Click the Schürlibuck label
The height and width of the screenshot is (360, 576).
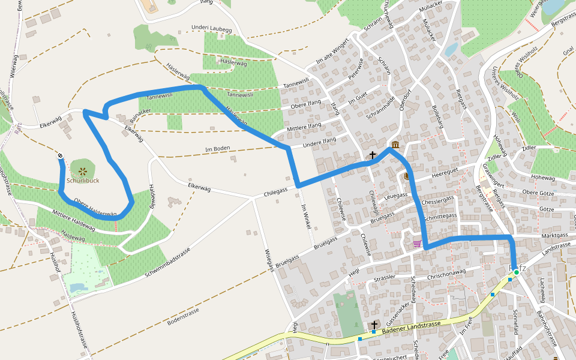[83, 179]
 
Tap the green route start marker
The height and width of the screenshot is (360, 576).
[516, 272]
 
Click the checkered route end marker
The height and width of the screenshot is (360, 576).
[61, 157]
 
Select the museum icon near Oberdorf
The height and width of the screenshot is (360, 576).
[395, 145]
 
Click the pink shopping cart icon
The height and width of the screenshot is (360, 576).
[416, 244]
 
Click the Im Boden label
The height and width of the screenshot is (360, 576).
[217, 148]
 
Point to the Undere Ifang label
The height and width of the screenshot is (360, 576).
[320, 141]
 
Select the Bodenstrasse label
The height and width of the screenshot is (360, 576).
[183, 317]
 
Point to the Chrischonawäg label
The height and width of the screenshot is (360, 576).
[446, 273]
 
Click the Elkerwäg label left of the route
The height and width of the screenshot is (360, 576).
[50, 122]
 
